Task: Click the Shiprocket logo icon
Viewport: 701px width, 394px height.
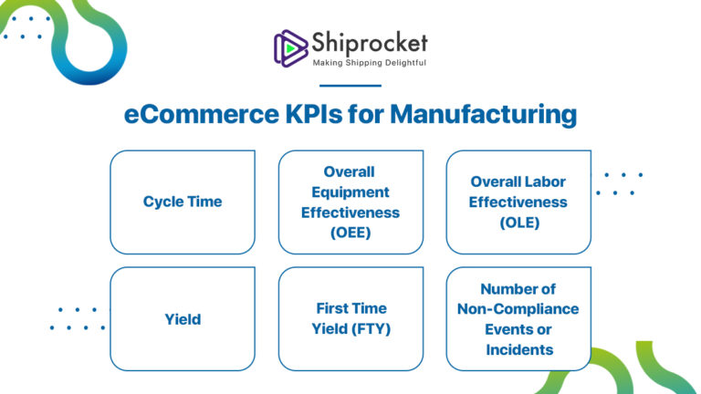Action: coord(290,47)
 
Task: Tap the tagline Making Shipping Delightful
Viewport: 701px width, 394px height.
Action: coord(369,63)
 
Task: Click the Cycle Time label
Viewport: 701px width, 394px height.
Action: coord(183,202)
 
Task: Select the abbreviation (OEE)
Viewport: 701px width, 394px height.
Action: coord(350,232)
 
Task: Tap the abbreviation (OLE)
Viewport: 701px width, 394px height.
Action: coord(518,222)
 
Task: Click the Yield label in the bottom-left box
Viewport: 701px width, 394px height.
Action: coord(183,319)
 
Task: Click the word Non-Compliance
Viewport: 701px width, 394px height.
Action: coord(518,309)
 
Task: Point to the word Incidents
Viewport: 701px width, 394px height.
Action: coord(518,349)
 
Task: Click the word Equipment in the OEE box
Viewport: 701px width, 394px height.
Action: coord(350,192)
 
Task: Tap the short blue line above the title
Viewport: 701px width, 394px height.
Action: coord(350,86)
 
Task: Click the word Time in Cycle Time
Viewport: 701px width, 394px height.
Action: coord(204,202)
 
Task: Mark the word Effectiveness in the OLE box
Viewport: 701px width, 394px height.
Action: coord(518,202)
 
